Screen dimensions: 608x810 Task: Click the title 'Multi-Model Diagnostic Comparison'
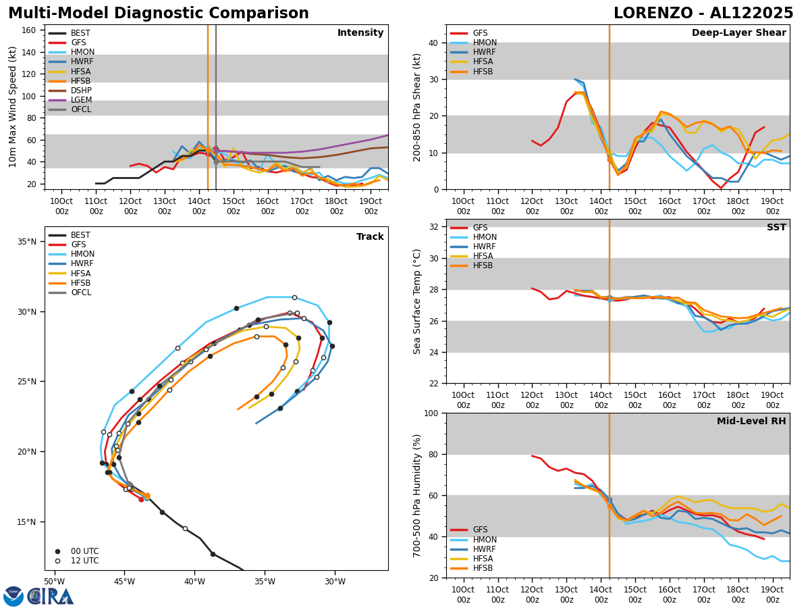click(159, 14)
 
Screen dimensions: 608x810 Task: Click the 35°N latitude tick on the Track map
click(28, 242)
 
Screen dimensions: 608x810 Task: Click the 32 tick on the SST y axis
click(433, 227)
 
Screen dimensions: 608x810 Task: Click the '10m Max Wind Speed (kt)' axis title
click(12, 107)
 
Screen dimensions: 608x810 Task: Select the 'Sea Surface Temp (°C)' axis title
click(417, 301)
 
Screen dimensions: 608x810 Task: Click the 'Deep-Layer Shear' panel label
click(738, 33)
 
